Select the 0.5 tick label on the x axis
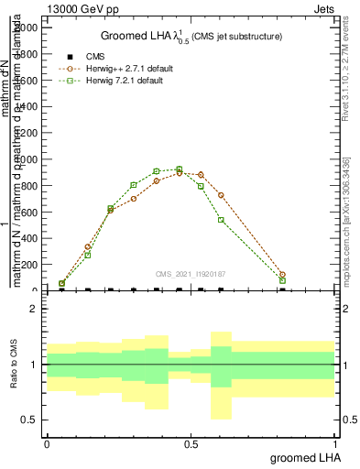pos(191,443)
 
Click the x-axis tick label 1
pos(334,443)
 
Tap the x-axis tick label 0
pos(47,443)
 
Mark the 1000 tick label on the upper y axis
pos(29,159)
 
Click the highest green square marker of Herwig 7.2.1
pos(179,169)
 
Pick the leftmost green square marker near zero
pos(62,284)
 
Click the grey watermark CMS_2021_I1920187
pos(191,273)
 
